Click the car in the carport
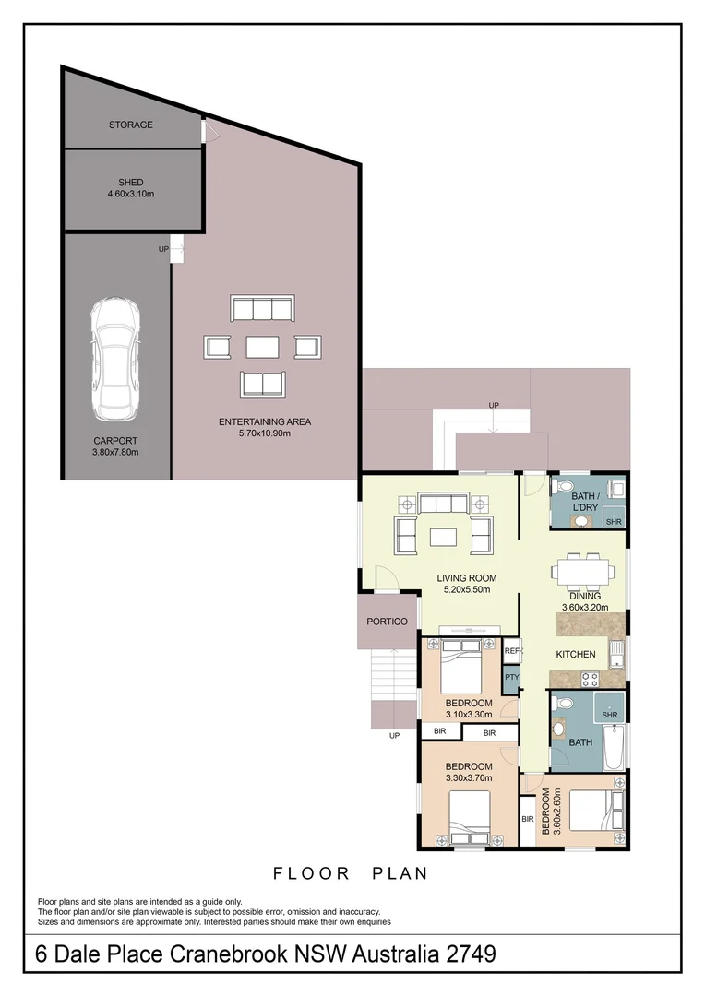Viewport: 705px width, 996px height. pos(114,359)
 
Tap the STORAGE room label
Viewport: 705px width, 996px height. pos(130,125)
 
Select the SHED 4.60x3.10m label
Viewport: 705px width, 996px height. pos(130,188)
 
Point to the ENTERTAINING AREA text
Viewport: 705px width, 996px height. pos(265,421)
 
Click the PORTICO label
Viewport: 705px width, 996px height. pos(387,622)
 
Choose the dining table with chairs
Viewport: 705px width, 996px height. pos(583,571)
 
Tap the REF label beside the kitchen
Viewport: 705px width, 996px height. pos(512,651)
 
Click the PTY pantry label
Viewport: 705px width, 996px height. pos(512,677)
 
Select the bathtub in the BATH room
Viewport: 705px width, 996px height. pos(614,747)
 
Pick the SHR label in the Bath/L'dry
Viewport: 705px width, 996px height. pos(614,522)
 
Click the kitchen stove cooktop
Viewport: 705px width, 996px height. pos(590,679)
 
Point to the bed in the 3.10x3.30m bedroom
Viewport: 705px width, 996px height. pos(461,667)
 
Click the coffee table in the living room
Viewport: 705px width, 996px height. pos(442,538)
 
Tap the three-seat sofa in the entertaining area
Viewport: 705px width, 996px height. pos(262,308)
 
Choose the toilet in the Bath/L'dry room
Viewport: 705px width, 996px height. pos(563,487)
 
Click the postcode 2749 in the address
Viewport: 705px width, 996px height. pos(471,954)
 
